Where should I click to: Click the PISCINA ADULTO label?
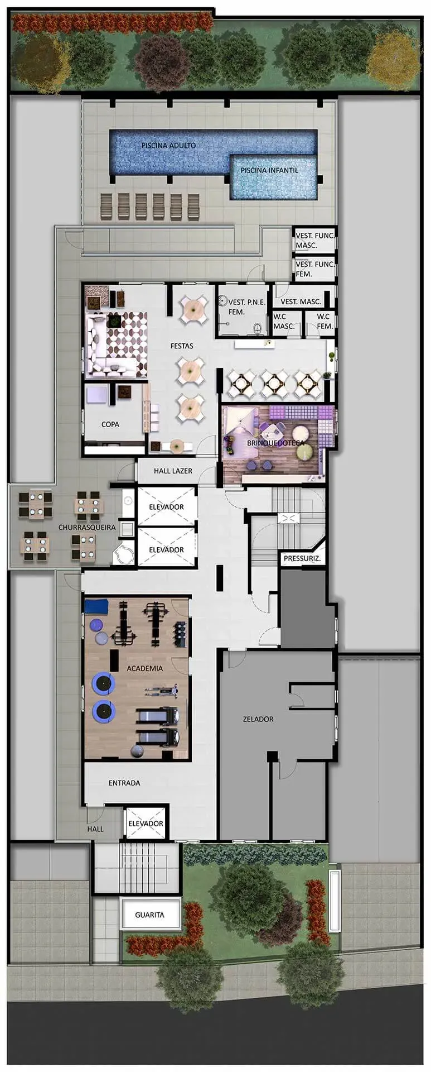tap(168, 145)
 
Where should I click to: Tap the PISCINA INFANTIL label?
tap(269, 170)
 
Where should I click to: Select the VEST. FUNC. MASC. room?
tap(314, 241)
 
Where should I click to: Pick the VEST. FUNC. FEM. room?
tap(314, 269)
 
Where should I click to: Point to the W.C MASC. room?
tap(284, 322)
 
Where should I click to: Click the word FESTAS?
tap(182, 346)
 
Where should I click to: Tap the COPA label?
tap(110, 424)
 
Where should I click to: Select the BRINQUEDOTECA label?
tap(276, 443)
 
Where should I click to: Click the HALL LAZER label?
tap(173, 471)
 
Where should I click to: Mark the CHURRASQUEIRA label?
tap(87, 528)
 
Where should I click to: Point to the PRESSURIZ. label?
tap(302, 558)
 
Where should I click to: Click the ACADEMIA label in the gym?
tap(144, 668)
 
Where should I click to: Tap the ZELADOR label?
tap(258, 719)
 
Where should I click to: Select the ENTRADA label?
tap(124, 783)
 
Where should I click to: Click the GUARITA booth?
tap(150, 915)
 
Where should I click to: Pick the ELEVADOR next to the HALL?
tap(146, 824)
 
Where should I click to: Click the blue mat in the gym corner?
tap(96, 606)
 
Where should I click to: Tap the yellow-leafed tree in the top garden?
tap(394, 60)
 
